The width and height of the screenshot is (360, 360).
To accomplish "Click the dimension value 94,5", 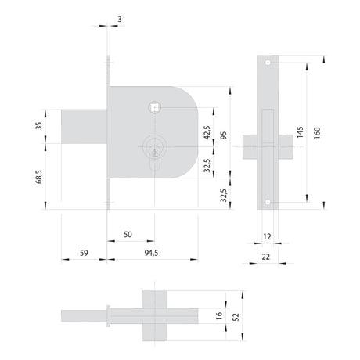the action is point(151,253).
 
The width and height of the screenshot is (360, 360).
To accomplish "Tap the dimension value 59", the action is point(84,253).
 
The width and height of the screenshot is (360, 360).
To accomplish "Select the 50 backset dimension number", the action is point(128,235).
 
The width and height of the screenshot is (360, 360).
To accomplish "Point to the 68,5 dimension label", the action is point(39,177).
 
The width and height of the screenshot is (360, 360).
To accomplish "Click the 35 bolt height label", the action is point(38,126).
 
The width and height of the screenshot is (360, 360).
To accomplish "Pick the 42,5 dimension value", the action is point(207,132).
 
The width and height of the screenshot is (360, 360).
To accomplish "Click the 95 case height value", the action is point(224,135).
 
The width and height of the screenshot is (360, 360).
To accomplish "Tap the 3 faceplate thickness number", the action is point(120,20).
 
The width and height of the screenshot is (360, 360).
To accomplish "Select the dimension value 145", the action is point(300,132).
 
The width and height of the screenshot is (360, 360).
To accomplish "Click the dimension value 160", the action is point(317,133).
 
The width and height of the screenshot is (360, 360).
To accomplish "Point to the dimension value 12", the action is point(267,237).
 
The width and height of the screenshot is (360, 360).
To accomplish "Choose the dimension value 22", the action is point(266,257).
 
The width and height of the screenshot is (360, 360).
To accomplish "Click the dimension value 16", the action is point(219,315).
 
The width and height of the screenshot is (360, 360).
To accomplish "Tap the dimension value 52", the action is point(236,317).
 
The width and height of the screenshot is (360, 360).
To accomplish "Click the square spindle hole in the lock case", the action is point(155,107).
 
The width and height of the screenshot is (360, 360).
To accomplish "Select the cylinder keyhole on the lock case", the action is point(155,153).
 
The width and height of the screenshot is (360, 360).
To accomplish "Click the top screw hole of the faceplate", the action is point(268,63).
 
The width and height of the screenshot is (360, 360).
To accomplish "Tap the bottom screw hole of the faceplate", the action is point(268,202).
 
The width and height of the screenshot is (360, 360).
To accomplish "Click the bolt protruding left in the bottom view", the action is point(84,316).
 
